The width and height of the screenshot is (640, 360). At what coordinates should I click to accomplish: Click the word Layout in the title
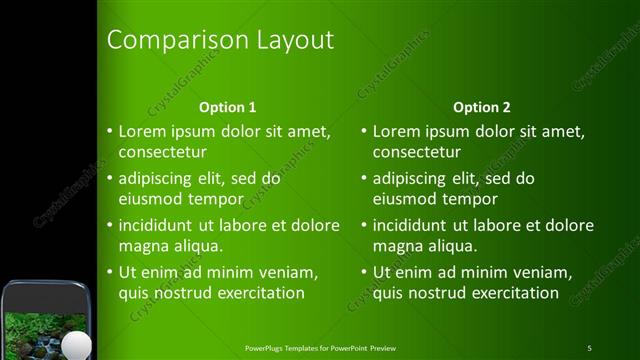coord(291,41)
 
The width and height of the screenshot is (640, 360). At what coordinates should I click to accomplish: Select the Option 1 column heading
coord(228,107)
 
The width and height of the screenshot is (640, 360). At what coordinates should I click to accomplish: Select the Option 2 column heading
coord(482,107)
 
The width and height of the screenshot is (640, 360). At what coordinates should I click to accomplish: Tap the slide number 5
coord(589,348)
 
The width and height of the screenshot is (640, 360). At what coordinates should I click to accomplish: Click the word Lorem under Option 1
coord(141,131)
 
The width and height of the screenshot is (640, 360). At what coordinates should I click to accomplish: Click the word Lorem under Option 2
coord(395,131)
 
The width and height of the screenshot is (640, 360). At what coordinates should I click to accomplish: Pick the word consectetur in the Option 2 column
coord(418,153)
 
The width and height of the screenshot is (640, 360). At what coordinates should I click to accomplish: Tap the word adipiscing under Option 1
coord(158,179)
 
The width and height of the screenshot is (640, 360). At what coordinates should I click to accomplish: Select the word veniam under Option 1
coord(289,272)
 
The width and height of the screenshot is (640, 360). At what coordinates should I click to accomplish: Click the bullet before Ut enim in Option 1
coord(109,273)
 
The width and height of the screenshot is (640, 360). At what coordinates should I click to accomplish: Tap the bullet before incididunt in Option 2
coord(363,226)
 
